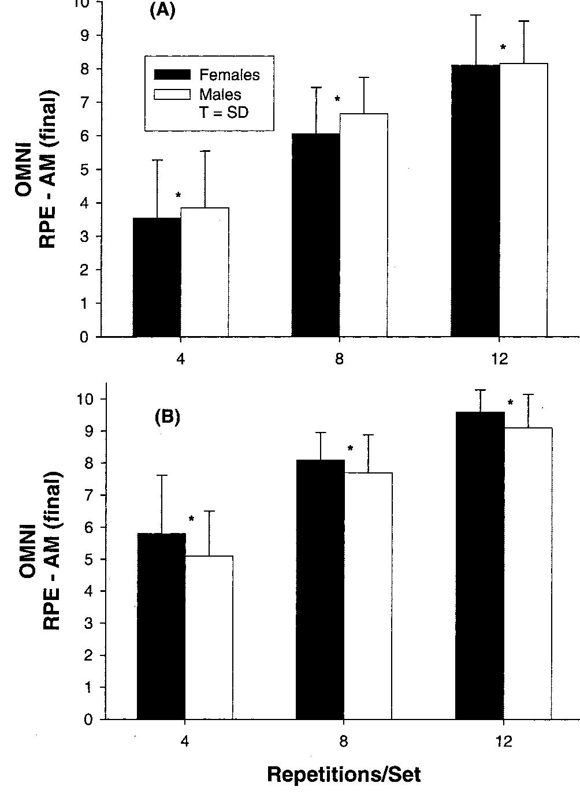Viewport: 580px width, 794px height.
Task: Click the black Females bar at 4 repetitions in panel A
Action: [157, 277]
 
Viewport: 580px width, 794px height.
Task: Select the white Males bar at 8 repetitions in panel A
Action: [363, 225]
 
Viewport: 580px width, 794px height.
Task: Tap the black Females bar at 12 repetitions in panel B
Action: [480, 566]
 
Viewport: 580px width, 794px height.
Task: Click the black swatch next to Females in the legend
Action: [172, 74]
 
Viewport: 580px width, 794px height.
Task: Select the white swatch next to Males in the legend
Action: [172, 94]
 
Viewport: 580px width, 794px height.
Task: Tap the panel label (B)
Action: [168, 417]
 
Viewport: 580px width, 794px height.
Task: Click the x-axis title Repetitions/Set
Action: [344, 774]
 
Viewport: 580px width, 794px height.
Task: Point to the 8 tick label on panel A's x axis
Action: [339, 359]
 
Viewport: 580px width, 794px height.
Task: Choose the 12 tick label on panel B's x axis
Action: [503, 741]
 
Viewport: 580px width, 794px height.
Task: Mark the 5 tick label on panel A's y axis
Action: [84, 170]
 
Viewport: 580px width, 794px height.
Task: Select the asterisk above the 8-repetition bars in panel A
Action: [337, 99]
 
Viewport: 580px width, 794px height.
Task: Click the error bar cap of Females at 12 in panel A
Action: [476, 15]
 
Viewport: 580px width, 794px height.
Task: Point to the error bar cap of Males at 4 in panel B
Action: [209, 511]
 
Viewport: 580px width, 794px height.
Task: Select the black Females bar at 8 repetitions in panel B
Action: [320, 589]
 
